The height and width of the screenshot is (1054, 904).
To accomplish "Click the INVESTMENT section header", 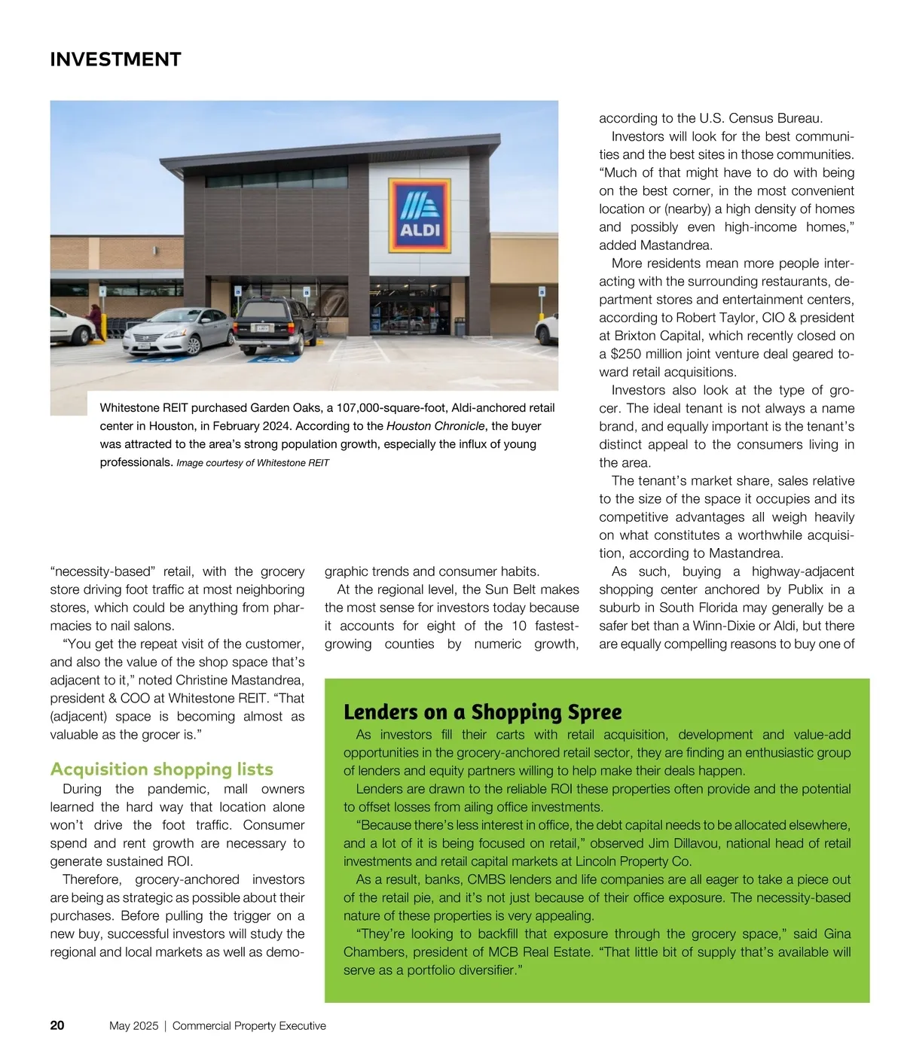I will [115, 59].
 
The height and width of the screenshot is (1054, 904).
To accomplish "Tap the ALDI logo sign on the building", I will [419, 216].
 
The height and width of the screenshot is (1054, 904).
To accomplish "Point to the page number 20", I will [57, 1025].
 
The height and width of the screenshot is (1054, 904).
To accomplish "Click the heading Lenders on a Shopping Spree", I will [482, 711].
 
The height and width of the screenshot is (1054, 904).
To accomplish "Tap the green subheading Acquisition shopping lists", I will [161, 769].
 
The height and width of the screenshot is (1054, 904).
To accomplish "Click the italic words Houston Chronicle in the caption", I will [435, 426].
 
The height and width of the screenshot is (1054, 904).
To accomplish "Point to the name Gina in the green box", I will [837, 934].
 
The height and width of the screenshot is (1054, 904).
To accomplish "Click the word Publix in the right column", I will [805, 589].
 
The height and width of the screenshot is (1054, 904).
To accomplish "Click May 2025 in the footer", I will [133, 1025].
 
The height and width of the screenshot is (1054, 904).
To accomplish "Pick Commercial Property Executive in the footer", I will [249, 1025].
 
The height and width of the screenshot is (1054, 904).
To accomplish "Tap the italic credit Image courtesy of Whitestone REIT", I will [252, 463].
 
